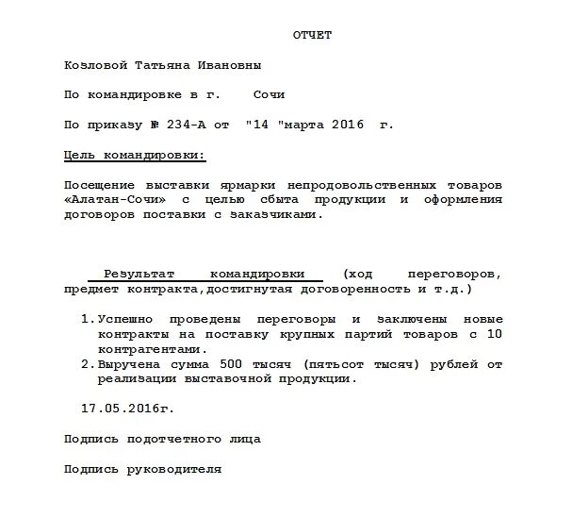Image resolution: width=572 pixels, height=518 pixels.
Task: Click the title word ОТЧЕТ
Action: click(x=312, y=36)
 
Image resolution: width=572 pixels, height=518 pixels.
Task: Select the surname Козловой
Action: click(x=95, y=66)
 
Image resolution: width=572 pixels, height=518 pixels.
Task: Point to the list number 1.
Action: click(x=86, y=320)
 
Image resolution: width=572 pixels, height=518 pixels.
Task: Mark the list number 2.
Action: click(x=86, y=364)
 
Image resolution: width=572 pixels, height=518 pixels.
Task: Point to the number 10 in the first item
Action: click(x=494, y=335)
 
